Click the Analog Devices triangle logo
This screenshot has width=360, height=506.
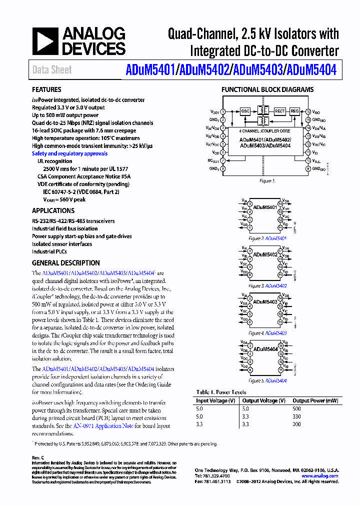(x=45, y=41)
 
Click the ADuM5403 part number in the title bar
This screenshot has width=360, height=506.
(x=256, y=69)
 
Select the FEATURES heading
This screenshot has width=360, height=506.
(x=46, y=90)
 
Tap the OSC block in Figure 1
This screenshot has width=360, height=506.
(x=245, y=111)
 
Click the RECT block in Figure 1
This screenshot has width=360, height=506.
(x=279, y=111)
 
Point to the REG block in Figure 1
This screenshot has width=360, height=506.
(x=294, y=111)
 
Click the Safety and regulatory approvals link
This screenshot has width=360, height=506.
(x=69, y=153)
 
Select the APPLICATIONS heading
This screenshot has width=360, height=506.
(x=53, y=211)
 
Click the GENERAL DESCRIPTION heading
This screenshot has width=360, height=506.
(x=65, y=263)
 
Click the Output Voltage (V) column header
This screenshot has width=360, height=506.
(x=263, y=400)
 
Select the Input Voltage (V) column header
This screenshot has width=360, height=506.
(x=215, y=400)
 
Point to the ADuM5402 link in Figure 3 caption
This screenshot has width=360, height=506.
(x=275, y=286)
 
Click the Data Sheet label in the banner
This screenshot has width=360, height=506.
(x=52, y=70)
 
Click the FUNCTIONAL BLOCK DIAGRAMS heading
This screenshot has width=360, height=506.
(x=267, y=90)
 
